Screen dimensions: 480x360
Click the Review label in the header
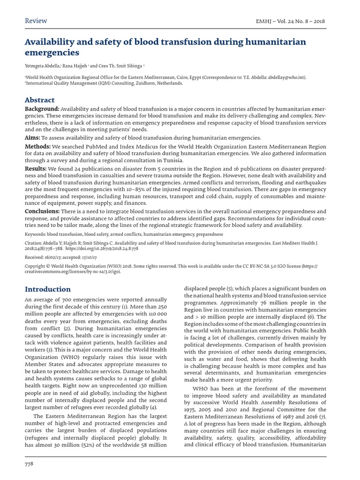(x=36, y=21)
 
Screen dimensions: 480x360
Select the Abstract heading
(x=39, y=100)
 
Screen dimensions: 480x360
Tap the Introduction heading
(x=48, y=289)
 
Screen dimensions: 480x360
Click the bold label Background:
(x=42, y=109)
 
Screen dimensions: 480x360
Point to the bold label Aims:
(x=32, y=138)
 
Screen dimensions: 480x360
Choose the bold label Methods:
(x=37, y=147)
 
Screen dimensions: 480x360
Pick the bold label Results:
(x=35, y=168)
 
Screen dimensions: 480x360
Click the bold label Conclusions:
(x=42, y=211)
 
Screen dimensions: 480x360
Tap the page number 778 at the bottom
(x=29, y=464)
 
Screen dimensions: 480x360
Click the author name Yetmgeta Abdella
(x=42, y=66)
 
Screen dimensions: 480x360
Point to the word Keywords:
(x=35, y=234)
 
